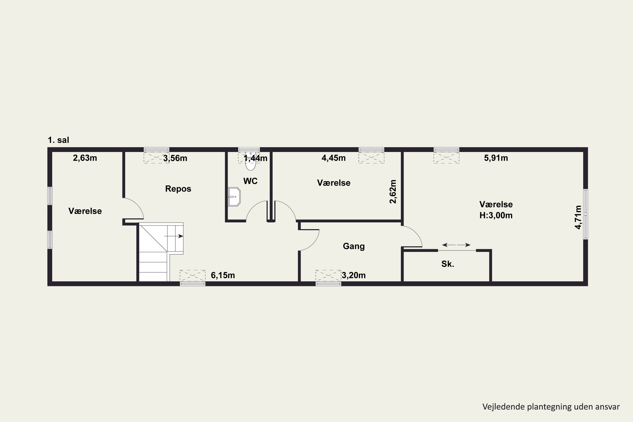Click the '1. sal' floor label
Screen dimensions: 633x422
coord(58,140)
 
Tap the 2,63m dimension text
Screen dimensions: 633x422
coord(85,158)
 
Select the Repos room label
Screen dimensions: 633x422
coord(178,189)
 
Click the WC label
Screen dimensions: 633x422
coord(250,181)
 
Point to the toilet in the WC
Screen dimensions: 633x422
coord(251,161)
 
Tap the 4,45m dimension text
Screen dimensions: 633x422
coord(334,158)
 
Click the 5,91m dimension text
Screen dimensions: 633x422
coord(496,158)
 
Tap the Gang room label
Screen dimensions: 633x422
coord(354,246)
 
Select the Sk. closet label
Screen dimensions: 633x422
coord(448,264)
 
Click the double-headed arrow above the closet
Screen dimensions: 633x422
coord(456,245)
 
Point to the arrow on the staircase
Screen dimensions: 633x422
coord(174,236)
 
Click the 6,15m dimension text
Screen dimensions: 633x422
coord(223,275)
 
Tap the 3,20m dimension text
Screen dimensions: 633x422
coord(354,275)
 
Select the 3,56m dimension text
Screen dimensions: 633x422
coord(175,158)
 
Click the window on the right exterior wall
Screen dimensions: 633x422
coord(586,214)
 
